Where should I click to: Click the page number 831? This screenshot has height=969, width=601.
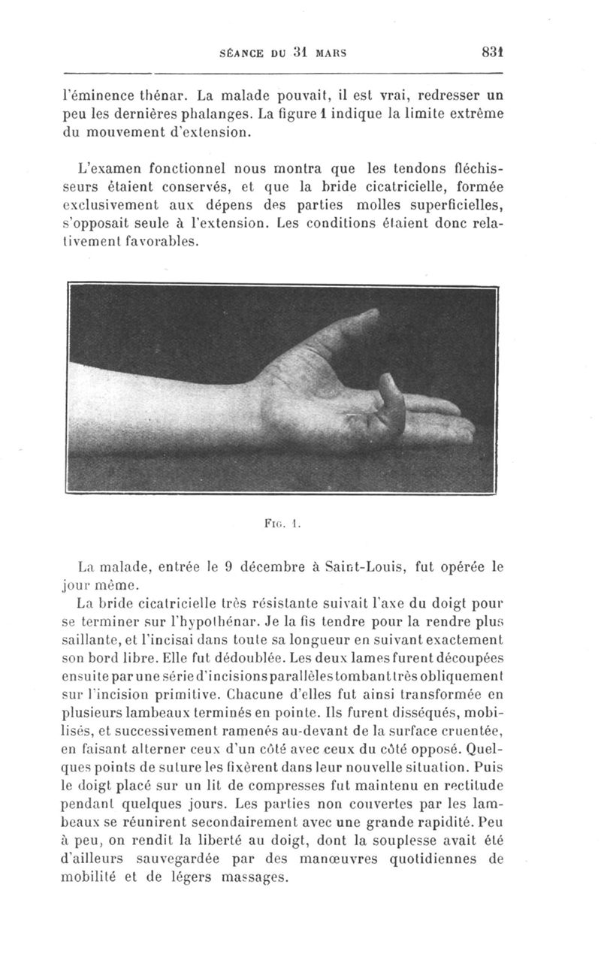tap(492, 53)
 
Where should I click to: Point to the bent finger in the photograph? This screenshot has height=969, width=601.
tap(391, 406)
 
